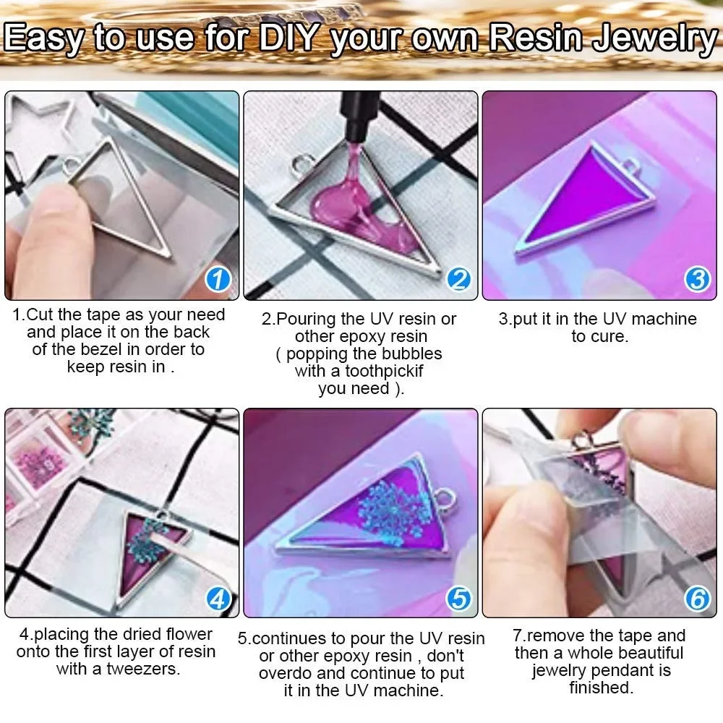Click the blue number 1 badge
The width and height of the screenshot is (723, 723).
(218, 279)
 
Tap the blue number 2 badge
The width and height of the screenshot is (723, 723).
(459, 279)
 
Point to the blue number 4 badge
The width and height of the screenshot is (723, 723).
(218, 599)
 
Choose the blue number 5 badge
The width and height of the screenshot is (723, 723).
(459, 599)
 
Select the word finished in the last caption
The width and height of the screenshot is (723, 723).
(602, 688)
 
